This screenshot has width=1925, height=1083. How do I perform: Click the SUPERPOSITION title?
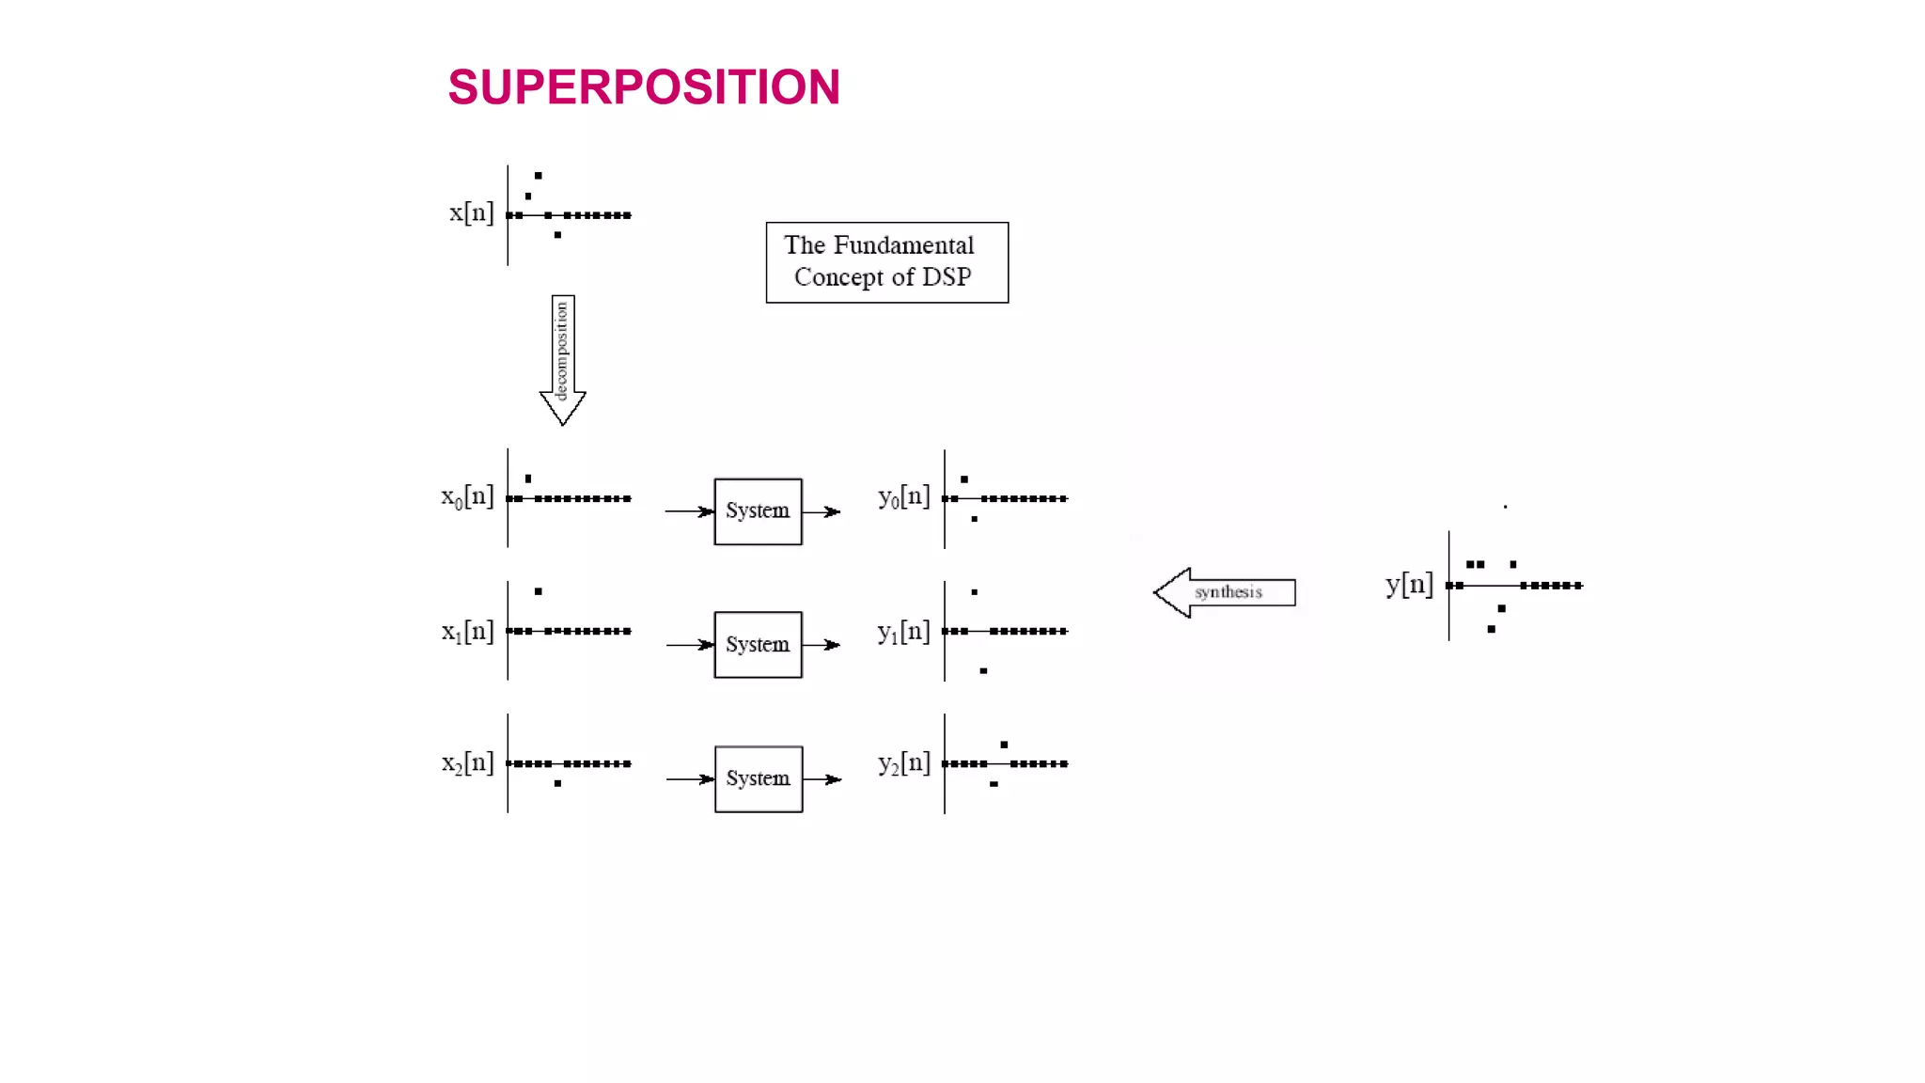[644, 87]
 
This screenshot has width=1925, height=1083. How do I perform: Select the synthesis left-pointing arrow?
[1225, 592]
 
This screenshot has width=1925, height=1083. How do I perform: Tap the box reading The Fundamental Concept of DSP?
[886, 262]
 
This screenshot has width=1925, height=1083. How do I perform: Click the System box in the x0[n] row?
[758, 511]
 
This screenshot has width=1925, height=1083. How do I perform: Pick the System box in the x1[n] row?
[758, 645]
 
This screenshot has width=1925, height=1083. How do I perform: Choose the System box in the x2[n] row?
[759, 779]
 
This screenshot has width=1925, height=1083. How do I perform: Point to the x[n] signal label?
[471, 212]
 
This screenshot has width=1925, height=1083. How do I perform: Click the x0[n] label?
[467, 496]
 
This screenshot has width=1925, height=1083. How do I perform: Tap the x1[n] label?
[467, 632]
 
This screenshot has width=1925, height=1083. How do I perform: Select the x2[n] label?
[467, 762]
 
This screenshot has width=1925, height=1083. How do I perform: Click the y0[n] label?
[903, 496]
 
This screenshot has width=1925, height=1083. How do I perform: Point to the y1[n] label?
[903, 632]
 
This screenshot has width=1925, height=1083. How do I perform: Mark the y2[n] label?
[903, 762]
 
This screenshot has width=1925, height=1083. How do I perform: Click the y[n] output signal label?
[1409, 585]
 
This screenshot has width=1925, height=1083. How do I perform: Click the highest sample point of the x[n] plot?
[539, 176]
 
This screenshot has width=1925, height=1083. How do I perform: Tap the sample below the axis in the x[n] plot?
[558, 235]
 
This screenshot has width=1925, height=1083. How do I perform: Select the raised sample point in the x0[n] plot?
[528, 479]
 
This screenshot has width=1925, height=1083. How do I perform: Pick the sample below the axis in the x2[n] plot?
[558, 783]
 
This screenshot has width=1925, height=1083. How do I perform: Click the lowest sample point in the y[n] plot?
[1492, 629]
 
